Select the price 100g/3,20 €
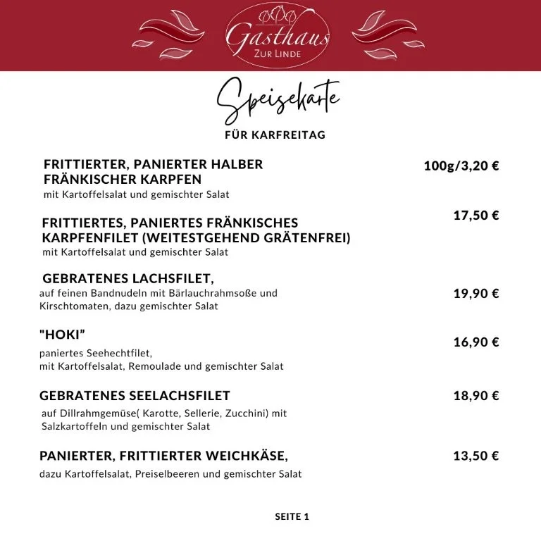click(x=461, y=166)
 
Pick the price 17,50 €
click(x=476, y=216)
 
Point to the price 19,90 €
click(x=476, y=294)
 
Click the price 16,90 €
click(x=476, y=342)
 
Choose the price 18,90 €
click(x=476, y=396)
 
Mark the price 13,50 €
click(x=476, y=456)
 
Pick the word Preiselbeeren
click(x=166, y=474)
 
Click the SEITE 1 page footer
click(x=292, y=517)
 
